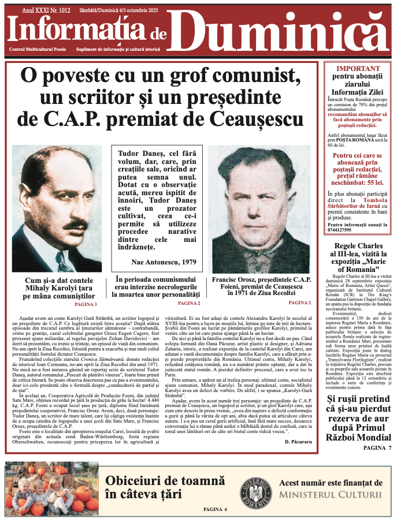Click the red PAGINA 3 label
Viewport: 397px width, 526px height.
coord(86,304)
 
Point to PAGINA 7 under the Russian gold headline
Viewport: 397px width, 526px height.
coord(373,447)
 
